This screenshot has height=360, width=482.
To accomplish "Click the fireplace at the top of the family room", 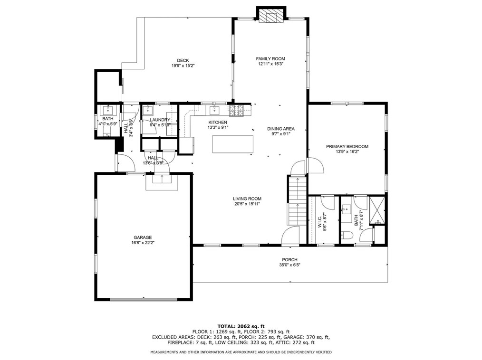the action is pyautogui.click(x=271, y=15).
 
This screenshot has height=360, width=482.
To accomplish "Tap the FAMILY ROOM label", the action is pyautogui.click(x=270, y=59).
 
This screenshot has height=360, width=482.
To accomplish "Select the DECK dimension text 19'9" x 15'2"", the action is pyautogui.click(x=183, y=66).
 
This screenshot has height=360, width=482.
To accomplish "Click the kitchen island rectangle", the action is pyautogui.click(x=233, y=144).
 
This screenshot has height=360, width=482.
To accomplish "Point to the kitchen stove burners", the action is pyautogui.click(x=236, y=111).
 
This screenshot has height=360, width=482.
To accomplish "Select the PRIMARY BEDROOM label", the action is pyautogui.click(x=347, y=147).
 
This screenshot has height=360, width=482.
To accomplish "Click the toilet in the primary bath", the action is pyautogui.click(x=347, y=235).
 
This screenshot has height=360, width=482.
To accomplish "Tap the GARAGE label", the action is pyautogui.click(x=143, y=237).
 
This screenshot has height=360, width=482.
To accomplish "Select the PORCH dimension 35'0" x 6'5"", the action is pyautogui.click(x=289, y=265).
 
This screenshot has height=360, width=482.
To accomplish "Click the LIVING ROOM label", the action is pyautogui.click(x=247, y=199).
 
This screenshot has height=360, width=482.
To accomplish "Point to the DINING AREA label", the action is pyautogui.click(x=280, y=129).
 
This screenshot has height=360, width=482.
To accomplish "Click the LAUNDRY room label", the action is pyautogui.click(x=160, y=120).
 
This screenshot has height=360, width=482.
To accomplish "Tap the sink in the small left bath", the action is pyautogui.click(x=108, y=110).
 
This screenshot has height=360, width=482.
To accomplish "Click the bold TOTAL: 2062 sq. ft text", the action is pyautogui.click(x=241, y=326).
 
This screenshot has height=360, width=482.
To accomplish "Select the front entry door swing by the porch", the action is pyautogui.click(x=290, y=236).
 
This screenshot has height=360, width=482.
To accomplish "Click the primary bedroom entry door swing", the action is pyautogui.click(x=315, y=166).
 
